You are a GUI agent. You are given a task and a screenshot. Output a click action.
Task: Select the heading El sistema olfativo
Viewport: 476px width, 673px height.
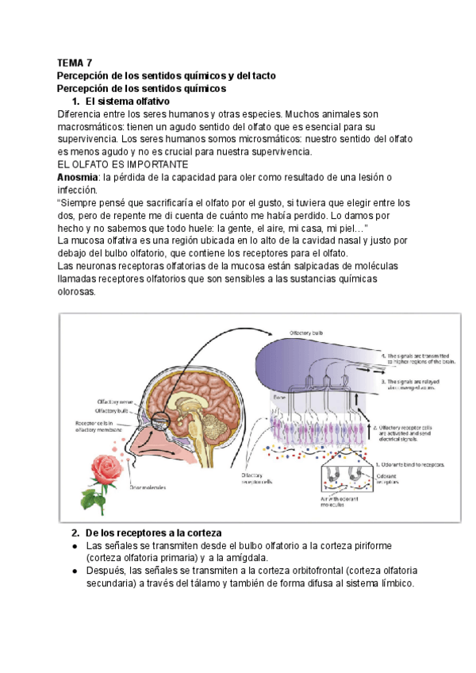pos(126,102)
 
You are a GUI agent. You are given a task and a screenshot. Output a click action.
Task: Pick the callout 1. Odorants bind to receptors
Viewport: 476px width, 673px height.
pos(409,465)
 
